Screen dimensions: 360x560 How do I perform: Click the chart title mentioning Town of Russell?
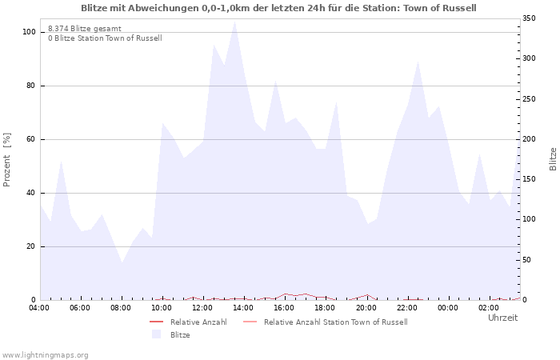pos(278,8)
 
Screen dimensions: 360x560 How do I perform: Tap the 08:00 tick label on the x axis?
pos(121,308)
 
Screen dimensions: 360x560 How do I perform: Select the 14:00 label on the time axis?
pos(243,308)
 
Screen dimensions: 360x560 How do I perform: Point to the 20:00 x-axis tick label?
pos(366,308)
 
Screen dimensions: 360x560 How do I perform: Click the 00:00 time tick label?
pos(447,308)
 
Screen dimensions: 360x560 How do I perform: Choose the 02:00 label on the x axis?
pos(488,308)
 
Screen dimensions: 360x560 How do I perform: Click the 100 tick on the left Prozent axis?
pos(29,32)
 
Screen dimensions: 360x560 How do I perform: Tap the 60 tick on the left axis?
pos(31,139)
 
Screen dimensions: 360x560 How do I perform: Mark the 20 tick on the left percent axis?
pos(31,246)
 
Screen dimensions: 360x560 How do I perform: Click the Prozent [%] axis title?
pos(7,160)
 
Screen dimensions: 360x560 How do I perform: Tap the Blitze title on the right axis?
pos(553,158)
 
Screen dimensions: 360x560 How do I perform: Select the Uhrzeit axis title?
pos(502,318)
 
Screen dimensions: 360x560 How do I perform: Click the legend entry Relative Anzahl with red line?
pos(198,322)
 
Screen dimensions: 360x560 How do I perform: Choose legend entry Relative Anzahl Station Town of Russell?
pos(335,322)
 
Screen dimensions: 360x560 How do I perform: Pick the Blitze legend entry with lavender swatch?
pos(180,334)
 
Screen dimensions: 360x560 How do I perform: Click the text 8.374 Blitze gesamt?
pos(85,28)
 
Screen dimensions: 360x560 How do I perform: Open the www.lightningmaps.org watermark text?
pos(46,354)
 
